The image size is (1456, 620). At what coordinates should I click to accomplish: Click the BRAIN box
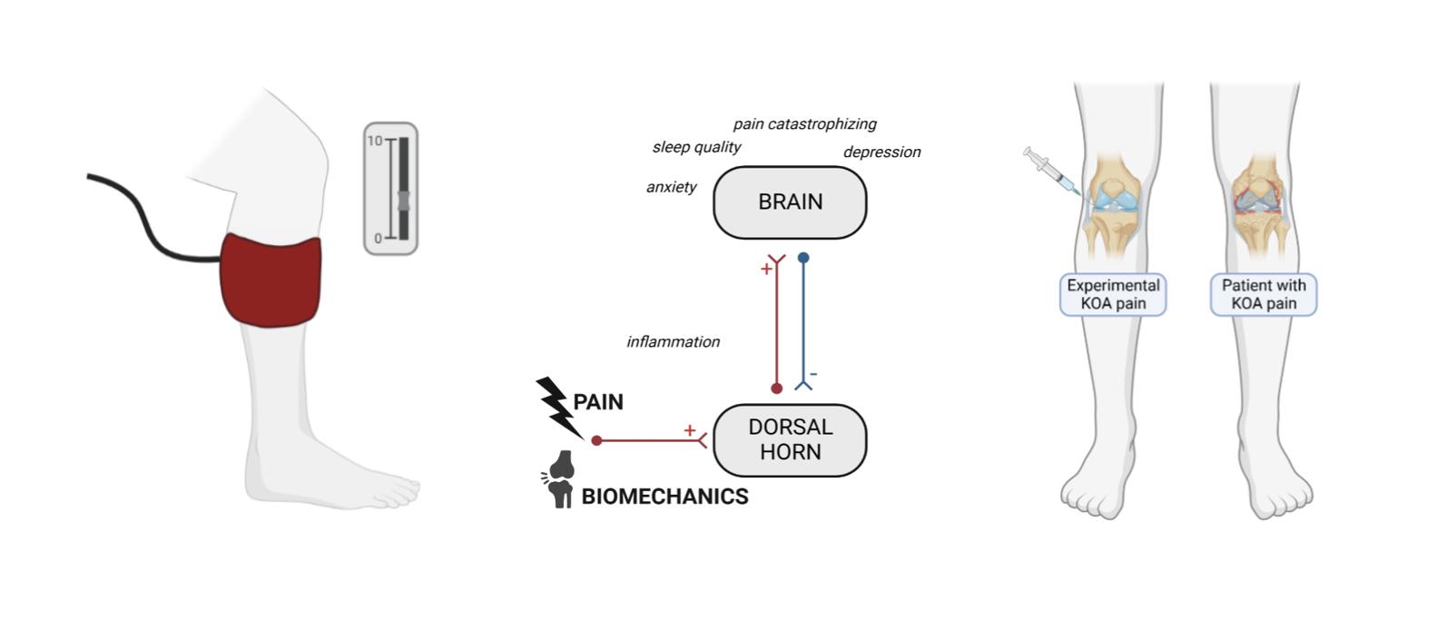(790, 202)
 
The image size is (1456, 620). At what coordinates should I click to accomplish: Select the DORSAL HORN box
(790, 439)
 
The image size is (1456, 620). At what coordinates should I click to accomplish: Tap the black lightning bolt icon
(556, 406)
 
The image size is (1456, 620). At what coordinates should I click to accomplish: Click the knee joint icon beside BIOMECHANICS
(561, 479)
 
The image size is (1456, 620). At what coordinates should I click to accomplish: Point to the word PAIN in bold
(598, 402)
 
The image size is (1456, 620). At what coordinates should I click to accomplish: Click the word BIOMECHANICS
(664, 497)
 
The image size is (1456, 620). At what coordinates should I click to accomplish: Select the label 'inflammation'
(673, 342)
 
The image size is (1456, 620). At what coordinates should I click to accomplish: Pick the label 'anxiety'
(671, 187)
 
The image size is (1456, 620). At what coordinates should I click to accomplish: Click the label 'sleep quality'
(696, 147)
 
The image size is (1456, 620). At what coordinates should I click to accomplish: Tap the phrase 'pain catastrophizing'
(804, 124)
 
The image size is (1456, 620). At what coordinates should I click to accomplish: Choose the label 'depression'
(881, 153)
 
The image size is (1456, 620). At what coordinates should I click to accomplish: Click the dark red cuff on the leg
(271, 279)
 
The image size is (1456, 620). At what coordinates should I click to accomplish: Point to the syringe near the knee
(1049, 172)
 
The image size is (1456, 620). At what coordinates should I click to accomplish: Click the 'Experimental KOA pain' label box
(1113, 294)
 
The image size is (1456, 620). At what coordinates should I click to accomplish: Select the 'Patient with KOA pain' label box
(1263, 294)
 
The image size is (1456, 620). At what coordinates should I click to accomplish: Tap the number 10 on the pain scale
(375, 141)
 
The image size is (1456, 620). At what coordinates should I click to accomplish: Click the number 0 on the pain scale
(379, 239)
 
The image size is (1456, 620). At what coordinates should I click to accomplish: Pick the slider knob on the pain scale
(403, 201)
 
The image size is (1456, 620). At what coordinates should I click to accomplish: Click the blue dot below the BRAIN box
(803, 258)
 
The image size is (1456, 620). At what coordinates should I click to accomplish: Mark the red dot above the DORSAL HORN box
(776, 389)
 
